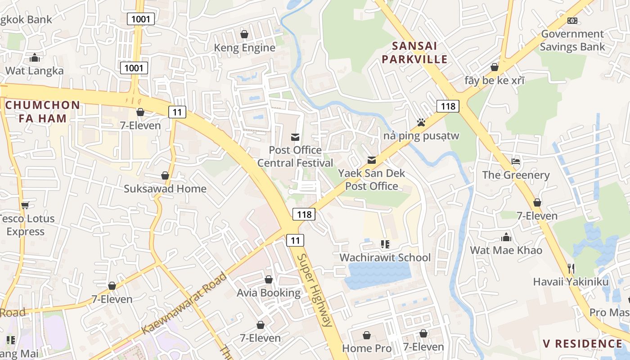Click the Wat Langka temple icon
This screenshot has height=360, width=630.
pos(34,58)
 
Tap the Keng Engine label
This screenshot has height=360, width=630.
pos(244,48)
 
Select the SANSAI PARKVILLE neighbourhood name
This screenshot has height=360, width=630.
pos(419,53)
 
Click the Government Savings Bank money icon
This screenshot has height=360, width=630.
pos(572,21)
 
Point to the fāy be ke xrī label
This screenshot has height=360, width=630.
pos(495,81)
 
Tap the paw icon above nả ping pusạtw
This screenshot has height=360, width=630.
pos(421,122)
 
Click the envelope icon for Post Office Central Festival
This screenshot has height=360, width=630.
pos(295,137)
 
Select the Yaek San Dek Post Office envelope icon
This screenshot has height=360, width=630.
pos(372,160)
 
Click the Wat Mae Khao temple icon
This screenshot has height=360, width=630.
pos(506,237)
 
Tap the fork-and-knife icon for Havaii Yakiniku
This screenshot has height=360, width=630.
pos(571,269)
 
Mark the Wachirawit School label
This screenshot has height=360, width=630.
pos(385,257)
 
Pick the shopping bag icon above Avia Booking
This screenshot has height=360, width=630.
pos(269,280)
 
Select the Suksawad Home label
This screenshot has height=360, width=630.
pos(165,189)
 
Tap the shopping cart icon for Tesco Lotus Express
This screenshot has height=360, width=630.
pos(25,205)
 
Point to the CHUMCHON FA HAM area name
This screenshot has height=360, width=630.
pos(43,112)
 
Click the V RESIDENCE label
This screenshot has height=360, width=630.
pos(582,344)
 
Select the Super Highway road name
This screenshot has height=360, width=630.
pos(315,290)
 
